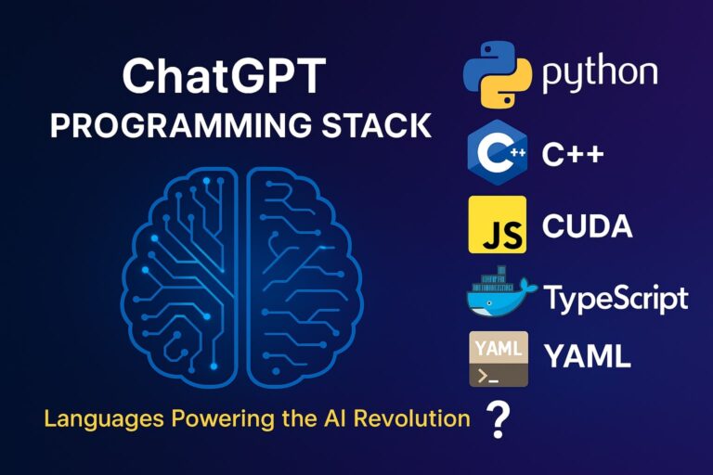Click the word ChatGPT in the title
[x=224, y=75]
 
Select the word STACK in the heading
[x=377, y=125]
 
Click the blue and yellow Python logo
[x=497, y=74]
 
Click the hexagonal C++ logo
[x=498, y=153]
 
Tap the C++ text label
[x=573, y=154]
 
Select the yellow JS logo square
[x=498, y=225]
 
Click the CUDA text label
[x=587, y=225]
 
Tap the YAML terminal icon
[x=499, y=359]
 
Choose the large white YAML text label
[x=588, y=355]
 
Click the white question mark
[x=499, y=419]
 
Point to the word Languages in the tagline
[x=104, y=419]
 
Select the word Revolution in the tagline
[x=412, y=418]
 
